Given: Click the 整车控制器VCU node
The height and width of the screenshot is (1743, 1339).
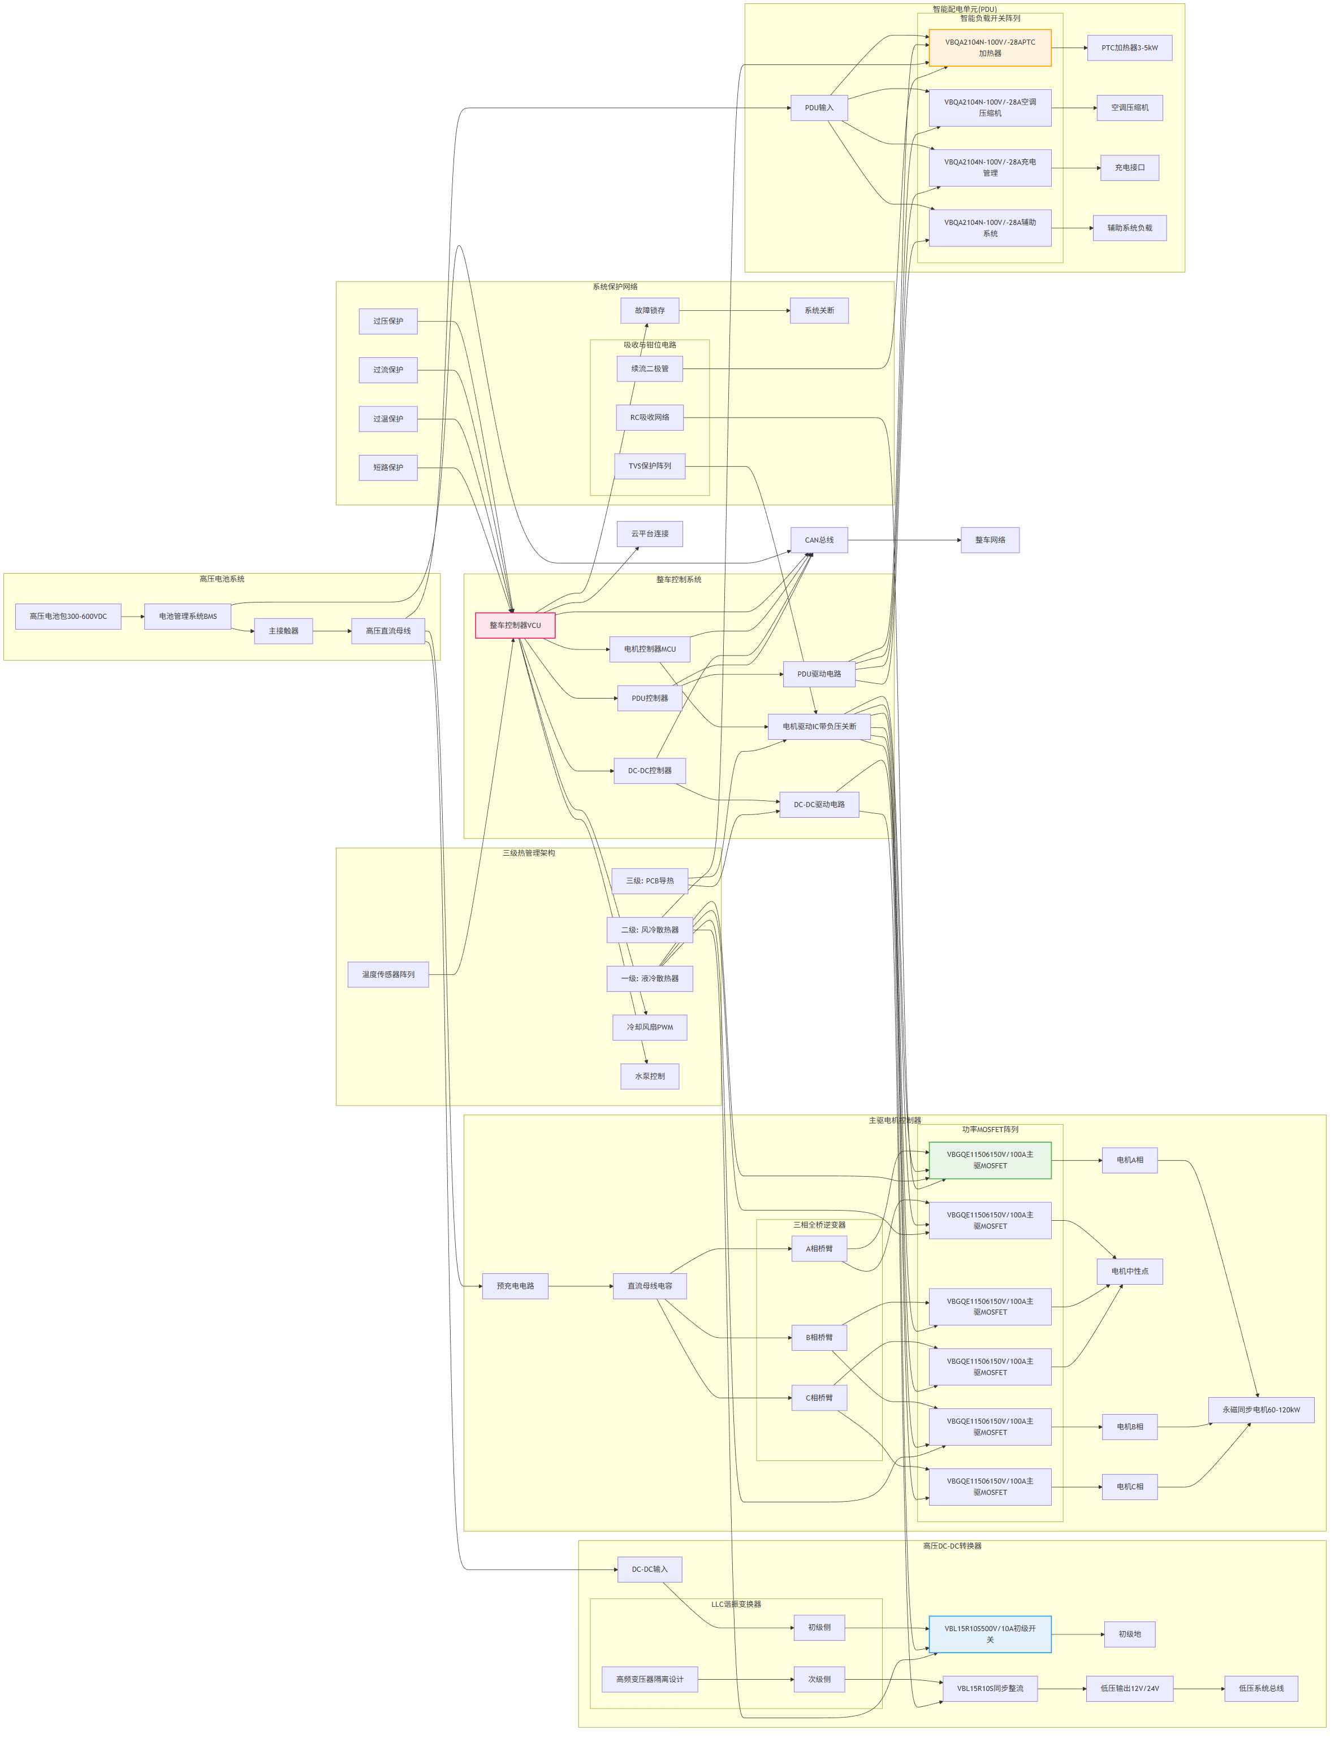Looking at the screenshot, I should click(515, 625).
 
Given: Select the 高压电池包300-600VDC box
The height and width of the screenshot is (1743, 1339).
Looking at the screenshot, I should click(68, 616).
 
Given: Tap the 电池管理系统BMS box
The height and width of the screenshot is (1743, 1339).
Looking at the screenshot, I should click(187, 616).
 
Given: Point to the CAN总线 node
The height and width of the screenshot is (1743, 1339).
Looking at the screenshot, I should click(819, 540).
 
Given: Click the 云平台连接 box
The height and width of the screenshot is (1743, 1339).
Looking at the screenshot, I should click(650, 534).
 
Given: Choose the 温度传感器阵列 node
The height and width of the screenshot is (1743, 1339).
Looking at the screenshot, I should click(388, 974).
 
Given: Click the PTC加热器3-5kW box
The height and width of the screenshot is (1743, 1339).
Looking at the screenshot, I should click(1129, 48).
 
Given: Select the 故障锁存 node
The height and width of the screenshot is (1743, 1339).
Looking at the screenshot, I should click(650, 311).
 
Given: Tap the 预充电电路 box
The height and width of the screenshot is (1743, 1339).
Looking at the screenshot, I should click(515, 1286).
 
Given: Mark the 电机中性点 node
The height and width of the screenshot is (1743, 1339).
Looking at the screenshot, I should click(1129, 1272).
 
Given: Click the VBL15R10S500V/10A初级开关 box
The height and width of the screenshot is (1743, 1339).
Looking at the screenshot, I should click(990, 1634).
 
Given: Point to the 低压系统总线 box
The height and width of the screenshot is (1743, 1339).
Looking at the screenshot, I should click(1261, 1688).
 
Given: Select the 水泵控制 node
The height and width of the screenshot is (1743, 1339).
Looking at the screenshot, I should click(650, 1076).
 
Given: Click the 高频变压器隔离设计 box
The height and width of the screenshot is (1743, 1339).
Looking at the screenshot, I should click(650, 1679).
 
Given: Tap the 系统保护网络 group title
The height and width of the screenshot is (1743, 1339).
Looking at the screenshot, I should click(615, 287).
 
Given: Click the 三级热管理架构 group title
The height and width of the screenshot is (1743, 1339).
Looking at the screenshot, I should click(529, 853).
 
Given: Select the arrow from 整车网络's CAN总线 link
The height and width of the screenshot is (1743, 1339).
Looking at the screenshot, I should click(905, 540).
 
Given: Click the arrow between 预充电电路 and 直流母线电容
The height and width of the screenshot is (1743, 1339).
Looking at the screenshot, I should click(580, 1286).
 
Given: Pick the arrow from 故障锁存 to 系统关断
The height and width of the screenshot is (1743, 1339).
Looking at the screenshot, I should click(734, 311).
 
